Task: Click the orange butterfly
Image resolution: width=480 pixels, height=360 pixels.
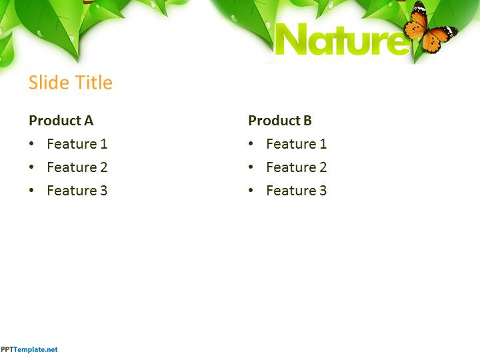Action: point(429,29)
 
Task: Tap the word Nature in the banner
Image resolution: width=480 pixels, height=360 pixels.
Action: point(341,40)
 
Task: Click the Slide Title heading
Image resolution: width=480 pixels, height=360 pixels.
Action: point(70,83)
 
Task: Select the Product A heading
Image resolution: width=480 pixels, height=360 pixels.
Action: point(61,121)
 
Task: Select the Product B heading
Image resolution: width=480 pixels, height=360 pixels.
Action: point(279,121)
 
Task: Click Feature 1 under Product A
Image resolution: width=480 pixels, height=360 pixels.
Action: point(77,144)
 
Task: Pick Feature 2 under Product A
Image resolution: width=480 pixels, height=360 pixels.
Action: point(77,167)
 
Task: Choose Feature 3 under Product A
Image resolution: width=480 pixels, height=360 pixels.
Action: point(77,191)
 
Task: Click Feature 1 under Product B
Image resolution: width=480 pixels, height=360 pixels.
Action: point(296,144)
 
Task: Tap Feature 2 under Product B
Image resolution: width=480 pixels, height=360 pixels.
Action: point(296,167)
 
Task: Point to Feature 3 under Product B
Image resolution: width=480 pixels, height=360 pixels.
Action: point(296,191)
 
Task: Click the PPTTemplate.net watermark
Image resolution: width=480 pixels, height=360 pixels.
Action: point(29,349)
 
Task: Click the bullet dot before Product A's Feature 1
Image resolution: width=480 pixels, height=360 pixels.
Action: point(31,144)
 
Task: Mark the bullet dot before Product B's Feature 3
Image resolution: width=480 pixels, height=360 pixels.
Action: point(251,191)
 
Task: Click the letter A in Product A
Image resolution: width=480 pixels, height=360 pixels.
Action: point(89,121)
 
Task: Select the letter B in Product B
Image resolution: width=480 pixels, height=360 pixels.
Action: point(307,121)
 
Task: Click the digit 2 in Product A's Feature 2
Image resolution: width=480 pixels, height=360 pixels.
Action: point(103,167)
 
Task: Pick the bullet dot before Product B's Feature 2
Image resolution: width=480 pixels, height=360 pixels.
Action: point(251,167)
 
